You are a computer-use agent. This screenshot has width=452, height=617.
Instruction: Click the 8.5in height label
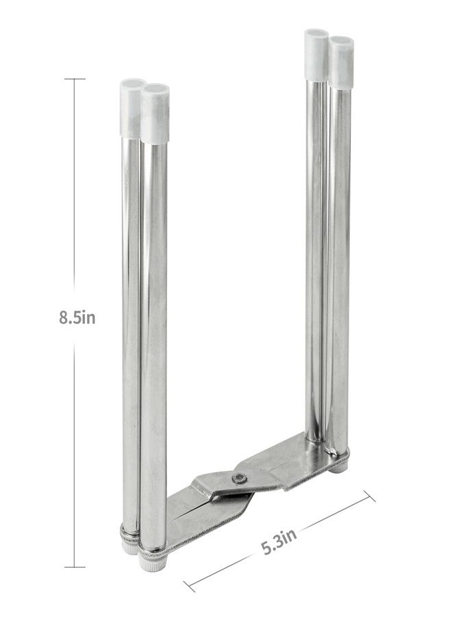click(x=77, y=317)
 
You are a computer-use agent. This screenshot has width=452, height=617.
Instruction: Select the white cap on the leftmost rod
click(x=131, y=107)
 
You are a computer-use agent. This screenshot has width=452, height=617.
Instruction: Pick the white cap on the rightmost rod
click(x=341, y=62)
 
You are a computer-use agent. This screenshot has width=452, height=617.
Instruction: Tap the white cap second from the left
click(x=155, y=113)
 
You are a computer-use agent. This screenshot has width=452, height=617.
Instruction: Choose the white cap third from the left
click(x=316, y=55)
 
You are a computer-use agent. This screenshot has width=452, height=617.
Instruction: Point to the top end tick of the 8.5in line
click(x=75, y=79)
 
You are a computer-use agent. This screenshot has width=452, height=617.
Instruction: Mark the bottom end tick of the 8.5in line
click(x=75, y=567)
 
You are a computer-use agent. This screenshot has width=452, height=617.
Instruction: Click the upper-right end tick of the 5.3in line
click(x=369, y=496)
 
